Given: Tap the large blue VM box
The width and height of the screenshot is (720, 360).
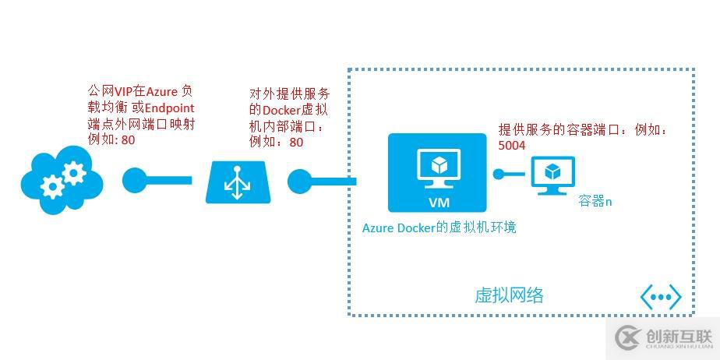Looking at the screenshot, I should click(x=436, y=173).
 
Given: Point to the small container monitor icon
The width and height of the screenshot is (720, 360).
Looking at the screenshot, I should click(x=552, y=174).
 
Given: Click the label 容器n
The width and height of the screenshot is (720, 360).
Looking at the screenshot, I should click(x=595, y=201).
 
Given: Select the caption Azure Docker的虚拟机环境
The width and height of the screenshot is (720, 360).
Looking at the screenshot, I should click(x=439, y=228).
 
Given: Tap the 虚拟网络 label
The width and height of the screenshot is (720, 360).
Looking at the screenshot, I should click(x=508, y=295).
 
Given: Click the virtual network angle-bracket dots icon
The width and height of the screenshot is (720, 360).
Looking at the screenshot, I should click(x=661, y=296).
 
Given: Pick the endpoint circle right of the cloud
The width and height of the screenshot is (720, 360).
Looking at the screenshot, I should click(x=134, y=181).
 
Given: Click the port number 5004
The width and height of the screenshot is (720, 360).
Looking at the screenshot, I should click(x=511, y=145).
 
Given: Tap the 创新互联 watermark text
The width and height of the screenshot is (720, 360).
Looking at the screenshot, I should click(x=679, y=337).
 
